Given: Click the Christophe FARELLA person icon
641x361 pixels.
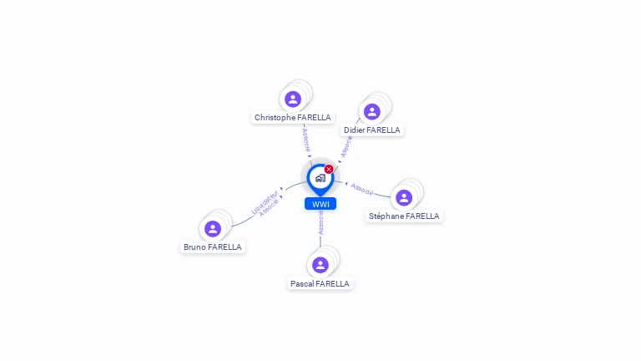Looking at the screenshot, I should [293, 99].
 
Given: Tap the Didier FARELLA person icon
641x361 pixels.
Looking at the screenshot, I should [371, 112].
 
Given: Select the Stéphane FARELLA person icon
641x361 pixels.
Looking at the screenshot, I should [404, 198].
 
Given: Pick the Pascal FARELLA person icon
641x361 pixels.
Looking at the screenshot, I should [320, 266].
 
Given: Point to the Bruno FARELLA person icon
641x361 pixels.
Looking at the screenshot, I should [213, 229].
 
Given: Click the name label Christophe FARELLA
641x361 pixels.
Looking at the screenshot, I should [293, 118].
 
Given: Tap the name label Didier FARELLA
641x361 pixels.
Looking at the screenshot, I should [372, 130].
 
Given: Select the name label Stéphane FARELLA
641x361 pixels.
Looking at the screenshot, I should [404, 216].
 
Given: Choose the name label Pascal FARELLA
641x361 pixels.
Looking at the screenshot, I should [320, 284].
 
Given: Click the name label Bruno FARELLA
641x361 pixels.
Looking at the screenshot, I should [213, 247].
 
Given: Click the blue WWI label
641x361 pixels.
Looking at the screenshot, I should [320, 204].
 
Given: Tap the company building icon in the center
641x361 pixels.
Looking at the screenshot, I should [320, 178].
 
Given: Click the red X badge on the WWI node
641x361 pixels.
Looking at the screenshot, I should [329, 170].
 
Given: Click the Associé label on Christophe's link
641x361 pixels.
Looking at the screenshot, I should [306, 139].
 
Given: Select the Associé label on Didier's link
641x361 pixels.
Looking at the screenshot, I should [346, 146].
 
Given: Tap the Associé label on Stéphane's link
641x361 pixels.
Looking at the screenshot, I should [362, 189].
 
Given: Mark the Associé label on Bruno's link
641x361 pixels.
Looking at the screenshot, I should [270, 209].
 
